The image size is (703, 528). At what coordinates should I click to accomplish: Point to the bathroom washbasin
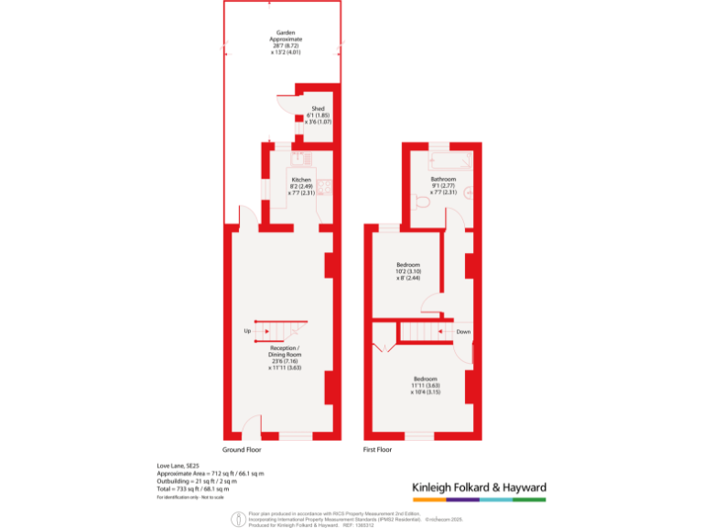[x=470, y=193]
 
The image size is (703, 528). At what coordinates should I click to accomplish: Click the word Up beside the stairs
[x=247, y=331]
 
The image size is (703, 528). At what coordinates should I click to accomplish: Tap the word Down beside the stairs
[x=463, y=331]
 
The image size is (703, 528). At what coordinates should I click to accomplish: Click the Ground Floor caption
[x=242, y=450]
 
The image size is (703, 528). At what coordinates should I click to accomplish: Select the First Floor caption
[x=377, y=450]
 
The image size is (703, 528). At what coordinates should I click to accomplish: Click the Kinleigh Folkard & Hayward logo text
[x=479, y=487]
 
